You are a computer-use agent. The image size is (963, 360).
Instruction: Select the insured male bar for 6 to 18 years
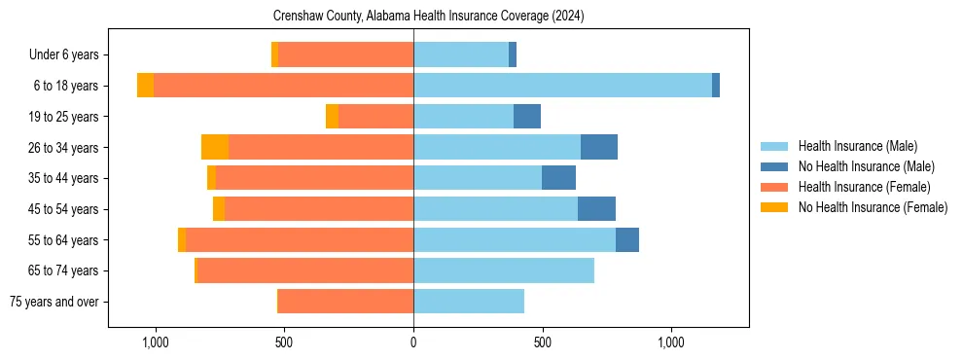pos(562,86)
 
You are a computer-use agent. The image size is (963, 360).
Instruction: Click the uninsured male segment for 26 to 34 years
pos(599,147)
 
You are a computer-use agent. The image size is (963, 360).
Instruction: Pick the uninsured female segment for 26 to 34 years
pos(215,147)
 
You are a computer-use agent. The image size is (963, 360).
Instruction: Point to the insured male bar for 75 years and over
pos(469,302)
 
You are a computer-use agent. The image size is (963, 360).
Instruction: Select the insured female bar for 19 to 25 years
pos(375,117)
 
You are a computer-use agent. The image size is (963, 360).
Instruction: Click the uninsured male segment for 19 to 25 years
pos(527,117)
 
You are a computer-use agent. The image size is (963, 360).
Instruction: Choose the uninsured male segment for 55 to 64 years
pos(627,239)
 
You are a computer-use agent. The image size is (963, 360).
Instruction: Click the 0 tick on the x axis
pos(413,342)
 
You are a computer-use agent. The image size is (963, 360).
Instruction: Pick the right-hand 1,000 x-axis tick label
pos(671,342)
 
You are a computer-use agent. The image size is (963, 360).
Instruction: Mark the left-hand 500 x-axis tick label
pos(284,342)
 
